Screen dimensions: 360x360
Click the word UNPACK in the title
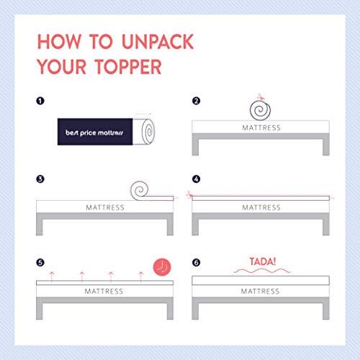tap(158, 42)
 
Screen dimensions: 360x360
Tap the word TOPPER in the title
tap(128, 67)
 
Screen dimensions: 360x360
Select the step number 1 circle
tap(40, 101)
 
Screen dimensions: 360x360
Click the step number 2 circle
tap(196, 101)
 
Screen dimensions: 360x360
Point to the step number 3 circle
tap(40, 179)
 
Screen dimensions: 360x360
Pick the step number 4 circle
tap(196, 179)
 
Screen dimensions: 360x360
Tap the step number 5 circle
tap(40, 262)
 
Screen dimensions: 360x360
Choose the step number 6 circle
tap(196, 262)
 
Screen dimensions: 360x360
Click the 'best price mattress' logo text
tap(94, 132)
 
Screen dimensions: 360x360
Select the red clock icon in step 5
tap(162, 267)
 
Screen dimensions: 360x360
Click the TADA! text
tap(263, 261)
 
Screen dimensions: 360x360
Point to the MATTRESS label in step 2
tap(261, 127)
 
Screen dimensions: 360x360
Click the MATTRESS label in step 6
tap(260, 291)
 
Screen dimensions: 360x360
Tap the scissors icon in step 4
tap(189, 194)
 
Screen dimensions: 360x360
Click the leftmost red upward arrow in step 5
tap(52, 277)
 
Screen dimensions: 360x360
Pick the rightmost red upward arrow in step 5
tap(141, 277)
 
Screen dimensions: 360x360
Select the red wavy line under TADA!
tap(262, 271)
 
